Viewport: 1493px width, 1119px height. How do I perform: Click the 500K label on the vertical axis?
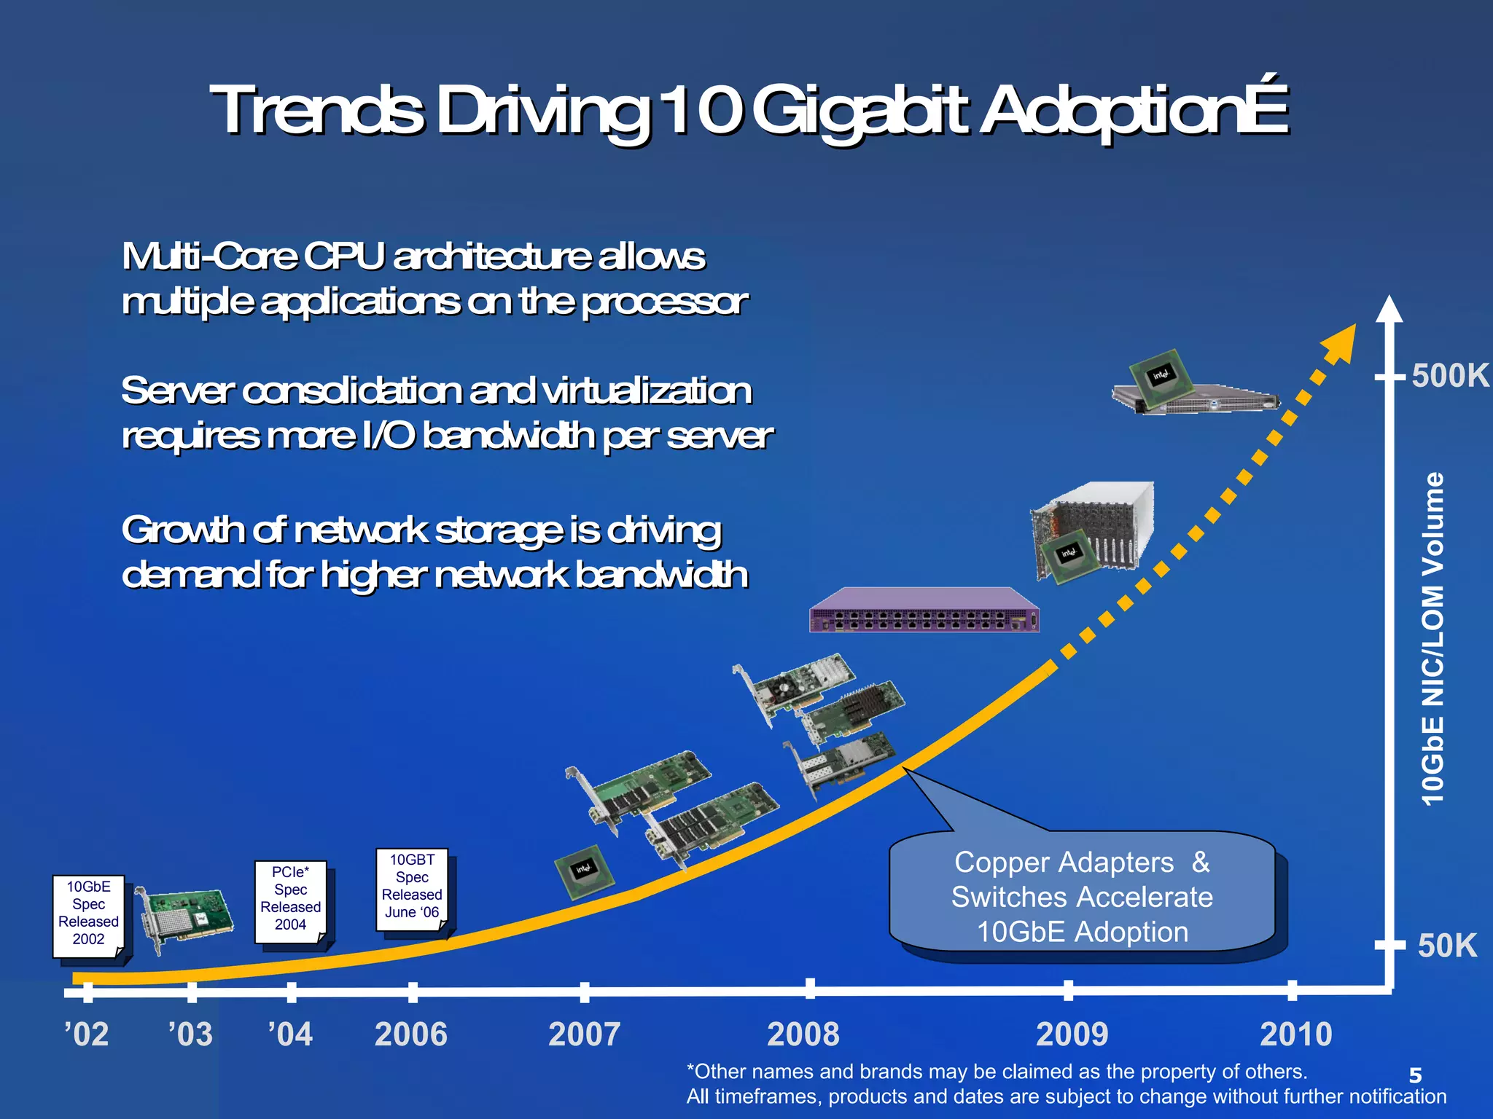1449,376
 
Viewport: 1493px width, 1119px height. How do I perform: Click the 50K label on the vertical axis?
1446,946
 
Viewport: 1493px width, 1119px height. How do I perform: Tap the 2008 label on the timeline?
803,1034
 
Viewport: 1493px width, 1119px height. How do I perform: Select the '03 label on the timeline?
190,1034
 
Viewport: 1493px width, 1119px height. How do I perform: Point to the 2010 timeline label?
1295,1034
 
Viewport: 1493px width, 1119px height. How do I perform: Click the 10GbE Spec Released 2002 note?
88,914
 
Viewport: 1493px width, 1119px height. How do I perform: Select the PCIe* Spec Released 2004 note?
290,900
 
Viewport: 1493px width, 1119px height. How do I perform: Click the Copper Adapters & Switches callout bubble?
1082,896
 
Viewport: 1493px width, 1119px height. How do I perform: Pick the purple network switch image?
924,610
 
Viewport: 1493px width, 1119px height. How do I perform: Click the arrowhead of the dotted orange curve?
1341,342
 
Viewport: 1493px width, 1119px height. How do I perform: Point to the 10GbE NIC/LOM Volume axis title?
1432,638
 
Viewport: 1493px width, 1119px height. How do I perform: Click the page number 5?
1415,1075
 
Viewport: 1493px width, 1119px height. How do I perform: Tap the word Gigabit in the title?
860,111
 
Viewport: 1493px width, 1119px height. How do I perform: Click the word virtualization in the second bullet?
649,391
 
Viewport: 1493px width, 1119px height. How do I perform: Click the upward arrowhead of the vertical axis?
1389,309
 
